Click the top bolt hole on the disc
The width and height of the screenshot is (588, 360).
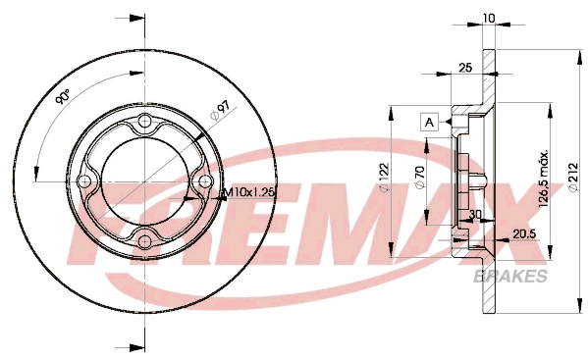tap(144, 121)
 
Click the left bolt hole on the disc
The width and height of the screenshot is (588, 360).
tap(85, 181)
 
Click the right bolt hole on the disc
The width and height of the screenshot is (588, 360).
tap(204, 181)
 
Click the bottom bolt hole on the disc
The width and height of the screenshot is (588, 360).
tap(144, 241)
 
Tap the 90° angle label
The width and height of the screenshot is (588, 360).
tap(63, 97)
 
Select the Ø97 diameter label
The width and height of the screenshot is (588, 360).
tap(220, 111)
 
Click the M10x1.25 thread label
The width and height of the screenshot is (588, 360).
tap(249, 193)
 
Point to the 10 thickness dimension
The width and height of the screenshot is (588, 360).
tap(489, 18)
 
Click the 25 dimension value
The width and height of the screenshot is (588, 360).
tap(465, 68)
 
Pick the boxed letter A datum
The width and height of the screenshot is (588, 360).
tap(430, 122)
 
